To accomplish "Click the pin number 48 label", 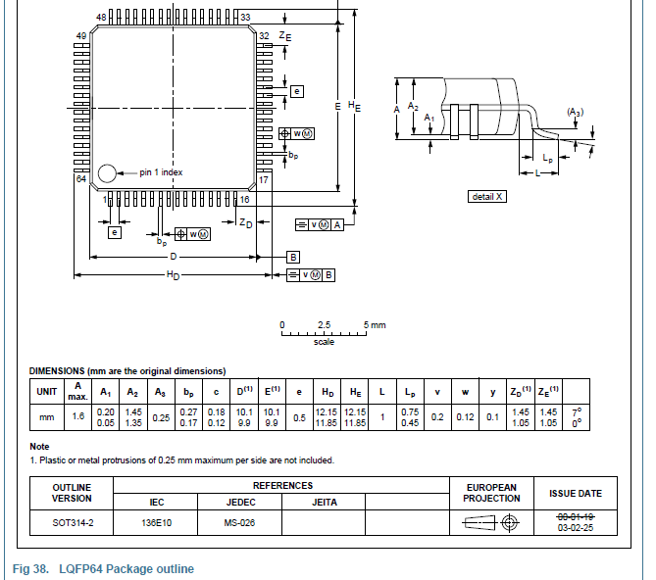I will (102, 18).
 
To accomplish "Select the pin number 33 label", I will (245, 18).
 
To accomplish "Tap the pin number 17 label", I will (264, 180).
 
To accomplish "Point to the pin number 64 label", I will (80, 180).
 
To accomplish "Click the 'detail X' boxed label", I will (487, 197).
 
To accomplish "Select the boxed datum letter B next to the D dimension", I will (292, 256).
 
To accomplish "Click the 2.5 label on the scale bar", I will (324, 324).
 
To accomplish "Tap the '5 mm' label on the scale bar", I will (374, 324).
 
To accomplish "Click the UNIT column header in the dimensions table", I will (47, 391).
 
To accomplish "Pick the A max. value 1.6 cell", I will (78, 417).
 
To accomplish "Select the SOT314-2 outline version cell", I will (72, 523).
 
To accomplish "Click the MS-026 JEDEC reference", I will (239, 523).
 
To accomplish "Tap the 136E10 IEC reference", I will (156, 523).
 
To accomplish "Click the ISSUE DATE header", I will (575, 493).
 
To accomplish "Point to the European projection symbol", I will (491, 523).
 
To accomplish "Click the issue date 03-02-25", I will (575, 528).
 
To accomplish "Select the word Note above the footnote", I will (39, 447).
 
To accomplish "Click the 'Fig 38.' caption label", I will (31, 569).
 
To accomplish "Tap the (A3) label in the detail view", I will (575, 114).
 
